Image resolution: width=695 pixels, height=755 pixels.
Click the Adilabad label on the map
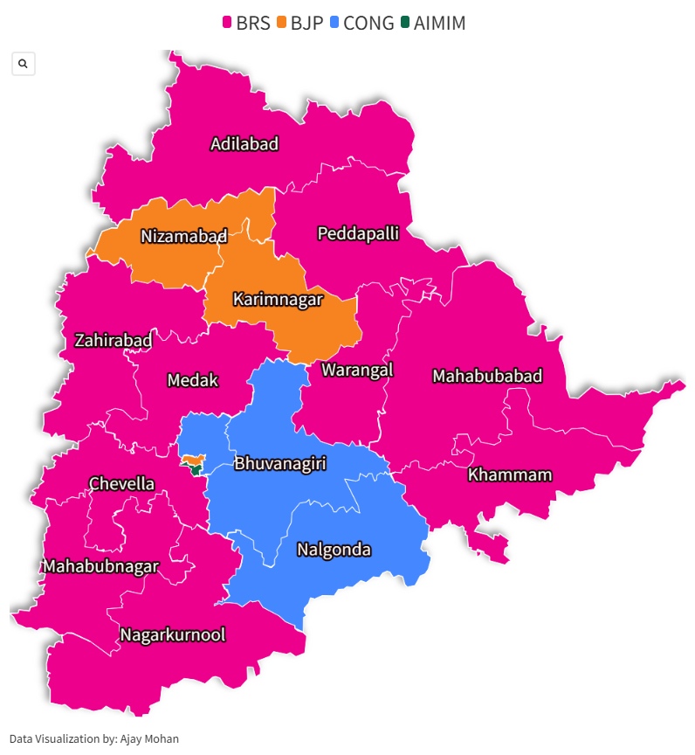point(244,144)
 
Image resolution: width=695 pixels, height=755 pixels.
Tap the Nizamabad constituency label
point(183,236)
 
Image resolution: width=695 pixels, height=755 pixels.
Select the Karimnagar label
point(278,300)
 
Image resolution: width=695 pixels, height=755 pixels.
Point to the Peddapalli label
point(358,233)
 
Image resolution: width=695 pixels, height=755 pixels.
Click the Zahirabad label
point(114,340)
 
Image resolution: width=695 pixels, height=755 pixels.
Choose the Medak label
point(192,381)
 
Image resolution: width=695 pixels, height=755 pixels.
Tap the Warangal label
point(357,370)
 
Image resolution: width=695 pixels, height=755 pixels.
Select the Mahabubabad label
point(487,377)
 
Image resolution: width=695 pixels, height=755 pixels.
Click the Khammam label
point(510,475)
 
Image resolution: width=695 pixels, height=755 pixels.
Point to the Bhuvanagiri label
point(279,463)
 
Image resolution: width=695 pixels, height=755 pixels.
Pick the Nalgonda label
point(334,551)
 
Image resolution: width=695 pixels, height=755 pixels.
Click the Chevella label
point(121,484)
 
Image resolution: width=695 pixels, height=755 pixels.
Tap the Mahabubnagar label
point(101,566)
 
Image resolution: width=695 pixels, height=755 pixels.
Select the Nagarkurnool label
point(173,634)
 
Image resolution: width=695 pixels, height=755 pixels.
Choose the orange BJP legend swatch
point(282,24)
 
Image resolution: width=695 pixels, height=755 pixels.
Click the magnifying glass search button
point(23,64)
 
